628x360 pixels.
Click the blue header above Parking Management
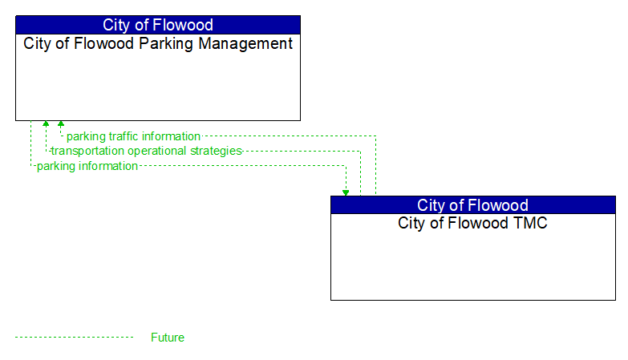(x=158, y=25)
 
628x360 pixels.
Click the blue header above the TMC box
(x=472, y=205)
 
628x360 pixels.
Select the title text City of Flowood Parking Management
(x=158, y=44)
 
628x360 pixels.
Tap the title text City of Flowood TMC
(x=472, y=224)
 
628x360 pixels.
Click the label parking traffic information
(x=133, y=136)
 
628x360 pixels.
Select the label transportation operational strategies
(x=146, y=151)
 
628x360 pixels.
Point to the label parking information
(x=87, y=166)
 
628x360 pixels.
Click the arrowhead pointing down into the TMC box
(x=346, y=192)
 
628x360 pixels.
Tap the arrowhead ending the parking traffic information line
(x=60, y=124)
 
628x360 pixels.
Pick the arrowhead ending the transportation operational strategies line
(x=46, y=124)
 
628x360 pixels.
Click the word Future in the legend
(x=168, y=338)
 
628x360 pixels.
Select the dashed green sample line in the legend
(x=74, y=338)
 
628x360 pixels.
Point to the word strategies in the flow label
(x=216, y=151)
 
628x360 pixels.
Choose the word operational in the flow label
(x=156, y=151)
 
